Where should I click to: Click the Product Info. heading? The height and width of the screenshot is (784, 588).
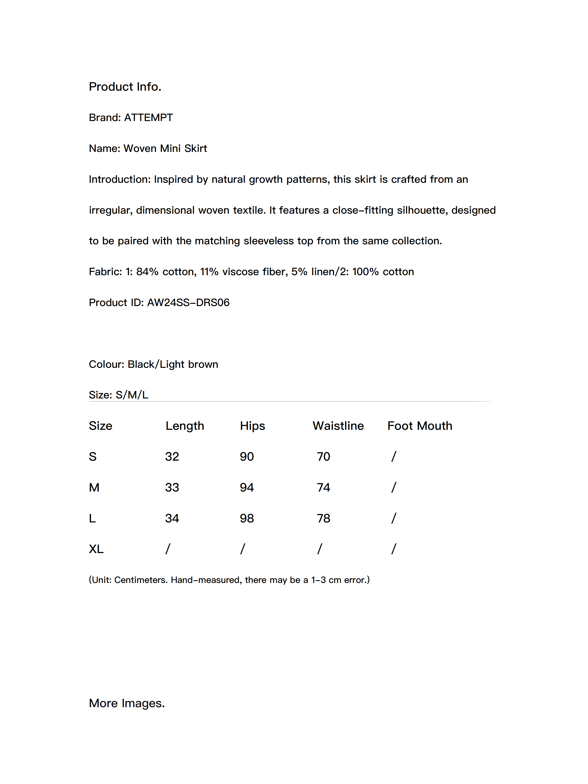tap(125, 86)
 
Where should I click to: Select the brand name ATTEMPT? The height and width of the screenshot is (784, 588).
tap(148, 117)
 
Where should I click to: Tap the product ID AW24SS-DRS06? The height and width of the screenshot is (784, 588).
tap(188, 302)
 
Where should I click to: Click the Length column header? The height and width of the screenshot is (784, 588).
tap(185, 426)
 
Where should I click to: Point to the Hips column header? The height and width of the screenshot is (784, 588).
tap(252, 426)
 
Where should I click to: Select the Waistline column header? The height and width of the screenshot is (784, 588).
tap(338, 426)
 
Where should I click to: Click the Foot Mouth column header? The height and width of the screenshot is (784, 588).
tap(420, 426)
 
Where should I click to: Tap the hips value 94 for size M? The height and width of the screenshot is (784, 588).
tap(247, 487)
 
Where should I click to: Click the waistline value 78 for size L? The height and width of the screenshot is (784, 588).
tap(323, 518)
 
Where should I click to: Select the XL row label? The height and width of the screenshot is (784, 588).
tap(96, 549)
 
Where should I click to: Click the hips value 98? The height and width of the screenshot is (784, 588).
tap(247, 518)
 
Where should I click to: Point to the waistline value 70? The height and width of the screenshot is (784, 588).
tap(323, 456)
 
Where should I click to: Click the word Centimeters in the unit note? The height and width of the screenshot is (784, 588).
tap(140, 580)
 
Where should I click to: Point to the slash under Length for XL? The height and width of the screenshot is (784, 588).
tap(168, 549)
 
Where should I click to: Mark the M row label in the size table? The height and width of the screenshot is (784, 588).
tap(94, 487)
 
